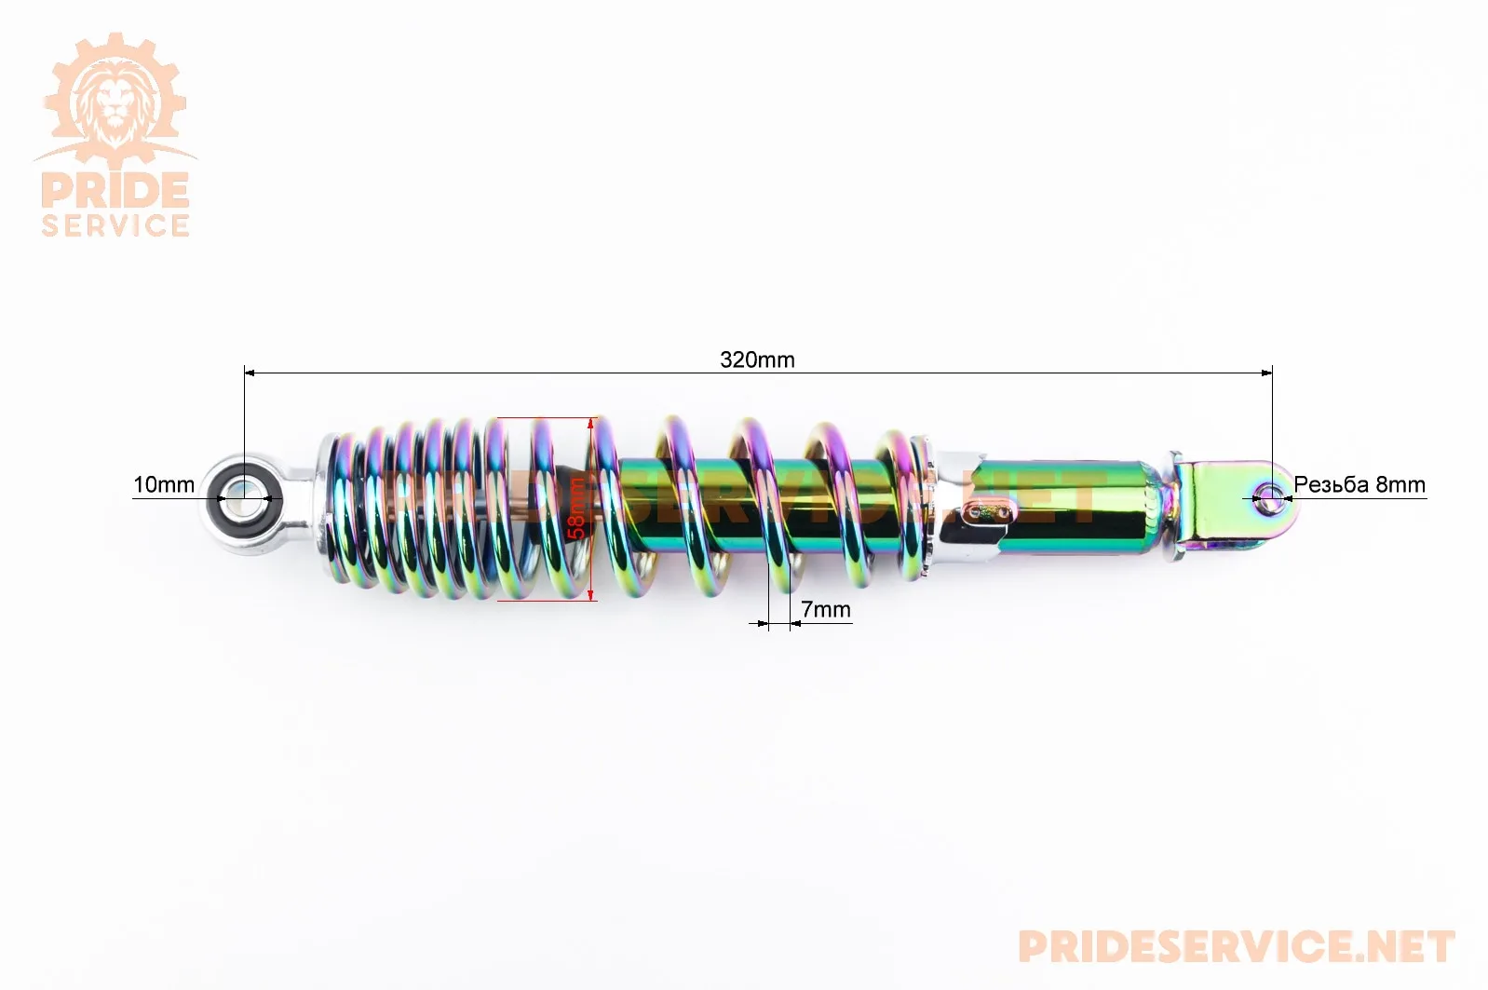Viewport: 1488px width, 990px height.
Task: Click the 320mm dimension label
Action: coord(757,359)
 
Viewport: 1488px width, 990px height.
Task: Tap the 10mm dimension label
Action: coord(164,484)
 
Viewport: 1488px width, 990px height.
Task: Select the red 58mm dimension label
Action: coord(576,509)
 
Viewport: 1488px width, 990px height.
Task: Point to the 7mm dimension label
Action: coord(826,608)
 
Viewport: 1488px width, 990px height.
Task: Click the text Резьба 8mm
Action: coord(1359,484)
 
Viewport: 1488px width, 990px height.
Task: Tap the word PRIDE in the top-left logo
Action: coord(115,191)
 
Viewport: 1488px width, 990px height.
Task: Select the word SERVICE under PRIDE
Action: coord(115,224)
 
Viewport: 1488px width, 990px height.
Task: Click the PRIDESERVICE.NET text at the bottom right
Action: coord(1237,946)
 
